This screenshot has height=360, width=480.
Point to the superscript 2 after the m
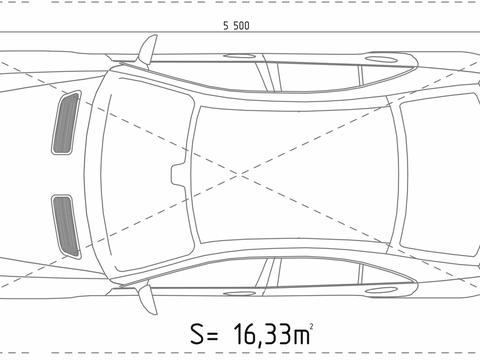point(311,325)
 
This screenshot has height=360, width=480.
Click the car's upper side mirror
point(147,50)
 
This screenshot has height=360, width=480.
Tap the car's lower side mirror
point(147,297)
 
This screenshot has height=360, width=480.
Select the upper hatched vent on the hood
point(67,123)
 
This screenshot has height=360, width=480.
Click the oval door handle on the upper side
point(381,59)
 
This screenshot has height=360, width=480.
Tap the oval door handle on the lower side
point(381,290)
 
